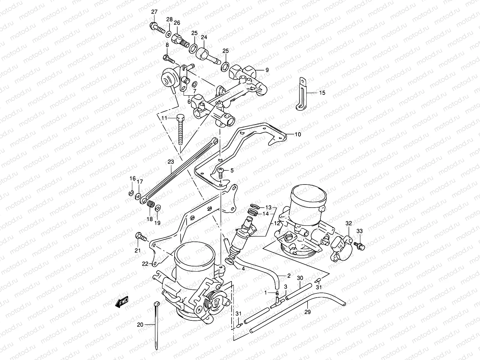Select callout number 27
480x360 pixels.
pyautogui.click(x=154, y=12)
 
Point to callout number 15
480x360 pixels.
pyautogui.click(x=322, y=93)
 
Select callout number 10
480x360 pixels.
pyautogui.click(x=298, y=134)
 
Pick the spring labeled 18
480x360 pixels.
pyautogui.click(x=151, y=204)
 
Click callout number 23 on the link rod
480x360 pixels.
pyautogui.click(x=171, y=162)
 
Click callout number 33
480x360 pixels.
pyautogui.click(x=359, y=231)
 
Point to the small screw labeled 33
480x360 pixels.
pyautogui.click(x=360, y=246)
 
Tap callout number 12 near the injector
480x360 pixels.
pyautogui.click(x=277, y=223)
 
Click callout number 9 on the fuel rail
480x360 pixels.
pyautogui.click(x=267, y=70)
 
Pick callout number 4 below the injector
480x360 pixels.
pyautogui.click(x=243, y=269)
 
